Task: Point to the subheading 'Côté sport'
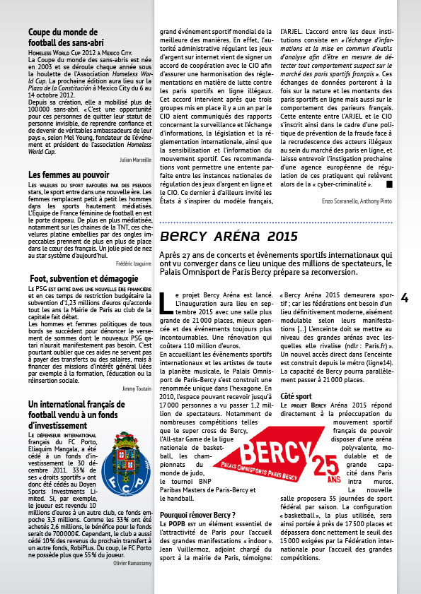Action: [x=297, y=396]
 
